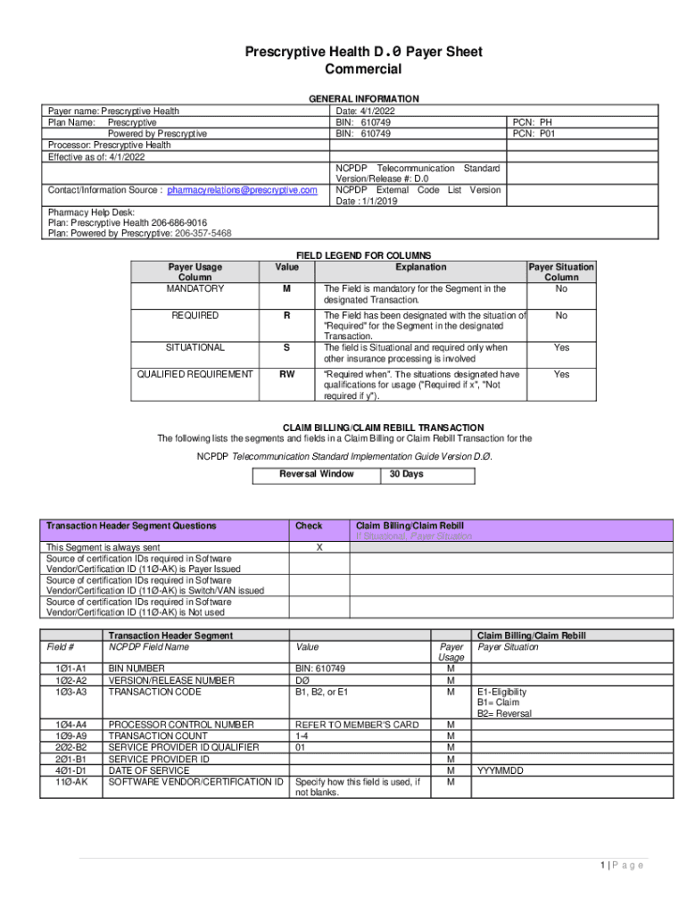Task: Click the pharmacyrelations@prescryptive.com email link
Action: (242, 190)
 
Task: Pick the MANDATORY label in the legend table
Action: (195, 289)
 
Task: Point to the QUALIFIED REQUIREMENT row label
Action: (195, 375)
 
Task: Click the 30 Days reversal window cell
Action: (406, 475)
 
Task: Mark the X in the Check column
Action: (319, 548)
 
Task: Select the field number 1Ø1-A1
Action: (71, 669)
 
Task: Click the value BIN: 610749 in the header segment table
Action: (320, 669)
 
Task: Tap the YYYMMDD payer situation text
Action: (500, 770)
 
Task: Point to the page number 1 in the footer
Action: (603, 865)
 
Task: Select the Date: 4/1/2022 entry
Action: (366, 112)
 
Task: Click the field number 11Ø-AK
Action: (71, 782)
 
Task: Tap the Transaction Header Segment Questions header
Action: (131, 527)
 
